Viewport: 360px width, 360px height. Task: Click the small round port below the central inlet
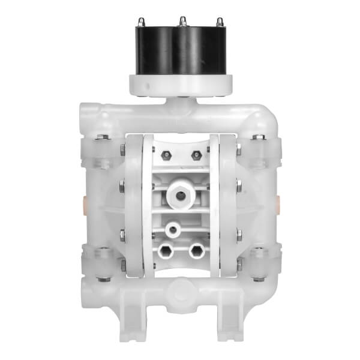(173, 229)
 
